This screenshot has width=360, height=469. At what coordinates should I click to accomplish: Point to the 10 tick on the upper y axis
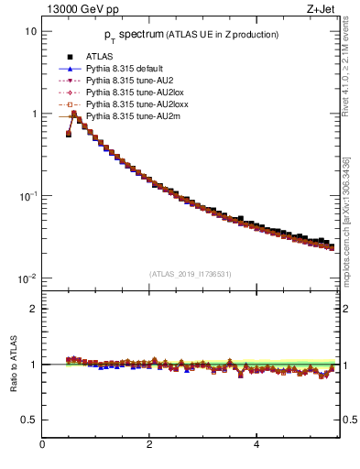point(30,31)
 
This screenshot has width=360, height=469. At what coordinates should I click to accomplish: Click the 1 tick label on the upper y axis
point(33,114)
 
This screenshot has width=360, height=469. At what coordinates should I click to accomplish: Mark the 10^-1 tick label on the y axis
point(28,196)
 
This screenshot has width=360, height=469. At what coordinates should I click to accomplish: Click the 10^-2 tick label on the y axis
point(28,278)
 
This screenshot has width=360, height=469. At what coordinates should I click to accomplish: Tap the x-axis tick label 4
point(256,446)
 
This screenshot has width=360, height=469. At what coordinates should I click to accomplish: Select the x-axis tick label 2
point(149,446)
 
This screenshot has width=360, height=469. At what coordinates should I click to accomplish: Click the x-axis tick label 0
point(42,446)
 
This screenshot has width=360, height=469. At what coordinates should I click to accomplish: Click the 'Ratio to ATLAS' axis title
point(13,364)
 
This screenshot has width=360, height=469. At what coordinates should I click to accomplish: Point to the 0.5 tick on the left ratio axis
point(29,420)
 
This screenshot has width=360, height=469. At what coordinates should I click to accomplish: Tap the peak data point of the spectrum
point(74,114)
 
